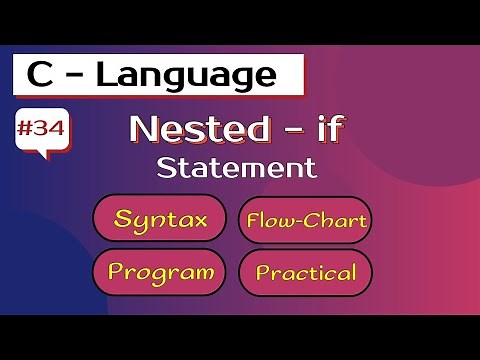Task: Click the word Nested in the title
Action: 188,130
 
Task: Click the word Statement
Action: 229,167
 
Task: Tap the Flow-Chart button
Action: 305,220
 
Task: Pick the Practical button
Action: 305,272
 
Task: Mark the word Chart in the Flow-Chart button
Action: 336,220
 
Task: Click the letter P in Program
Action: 116,272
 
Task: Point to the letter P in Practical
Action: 262,272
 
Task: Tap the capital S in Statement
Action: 165,167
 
